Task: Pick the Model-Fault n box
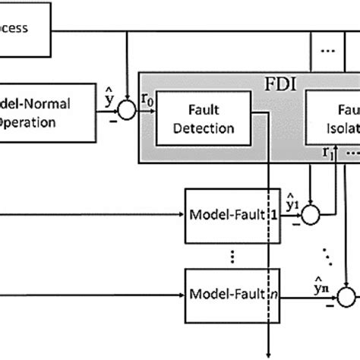pyautogui.click(x=227, y=293)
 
